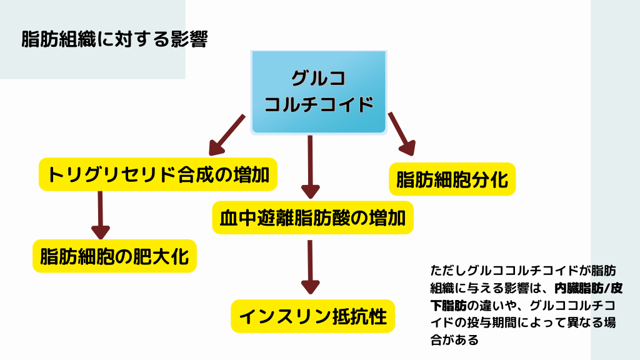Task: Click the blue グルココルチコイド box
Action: pyautogui.click(x=319, y=92)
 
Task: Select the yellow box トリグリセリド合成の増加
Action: pyautogui.click(x=158, y=174)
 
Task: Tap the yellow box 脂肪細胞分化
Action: pyautogui.click(x=452, y=179)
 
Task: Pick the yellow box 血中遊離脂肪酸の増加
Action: pyautogui.click(x=313, y=218)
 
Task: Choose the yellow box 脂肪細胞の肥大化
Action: pyautogui.click(x=114, y=256)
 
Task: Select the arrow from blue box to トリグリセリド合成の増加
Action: pyautogui.click(x=226, y=134)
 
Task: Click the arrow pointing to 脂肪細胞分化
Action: pyautogui.click(x=402, y=133)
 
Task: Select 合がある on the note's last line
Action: pyautogui.click(x=454, y=341)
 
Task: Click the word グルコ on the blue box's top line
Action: pyautogui.click(x=319, y=79)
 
